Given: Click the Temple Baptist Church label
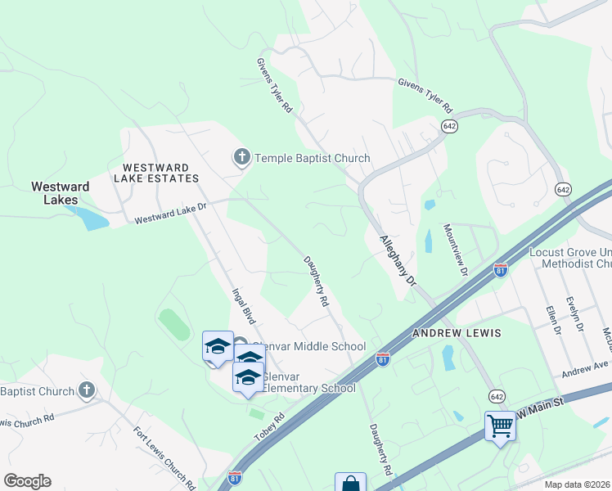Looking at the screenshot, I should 313,158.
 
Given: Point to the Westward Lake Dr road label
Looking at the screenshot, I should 170,214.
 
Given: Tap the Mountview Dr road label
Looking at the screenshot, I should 457,249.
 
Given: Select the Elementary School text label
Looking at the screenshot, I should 309,387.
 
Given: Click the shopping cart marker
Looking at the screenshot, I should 500,426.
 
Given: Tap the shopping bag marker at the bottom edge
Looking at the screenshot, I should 350,484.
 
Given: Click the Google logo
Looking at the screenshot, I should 27,481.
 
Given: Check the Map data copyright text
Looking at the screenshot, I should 578,484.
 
